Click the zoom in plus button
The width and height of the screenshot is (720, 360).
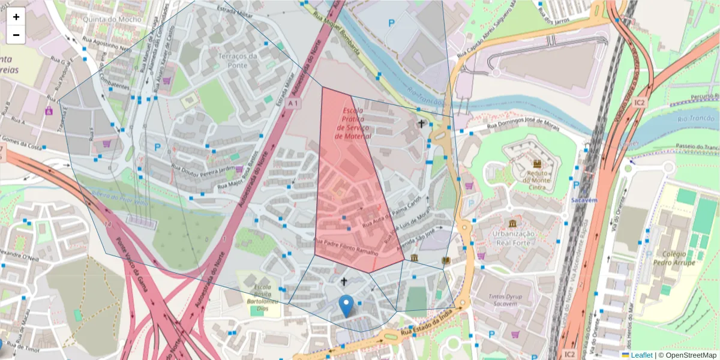click(x=16, y=17)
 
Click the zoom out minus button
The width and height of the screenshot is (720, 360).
click(x=16, y=35)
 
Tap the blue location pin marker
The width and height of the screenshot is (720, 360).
click(x=346, y=305)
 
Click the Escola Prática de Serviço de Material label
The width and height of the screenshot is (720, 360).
click(x=354, y=124)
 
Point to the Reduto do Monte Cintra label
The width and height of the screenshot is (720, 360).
click(x=537, y=179)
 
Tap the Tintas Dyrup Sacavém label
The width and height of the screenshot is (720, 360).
click(x=505, y=300)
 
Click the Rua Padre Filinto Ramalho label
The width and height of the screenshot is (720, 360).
click(x=346, y=247)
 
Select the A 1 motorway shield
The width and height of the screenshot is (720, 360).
click(x=292, y=104)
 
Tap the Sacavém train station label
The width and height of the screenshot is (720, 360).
click(x=585, y=199)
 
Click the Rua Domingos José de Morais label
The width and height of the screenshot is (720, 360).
click(x=523, y=127)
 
